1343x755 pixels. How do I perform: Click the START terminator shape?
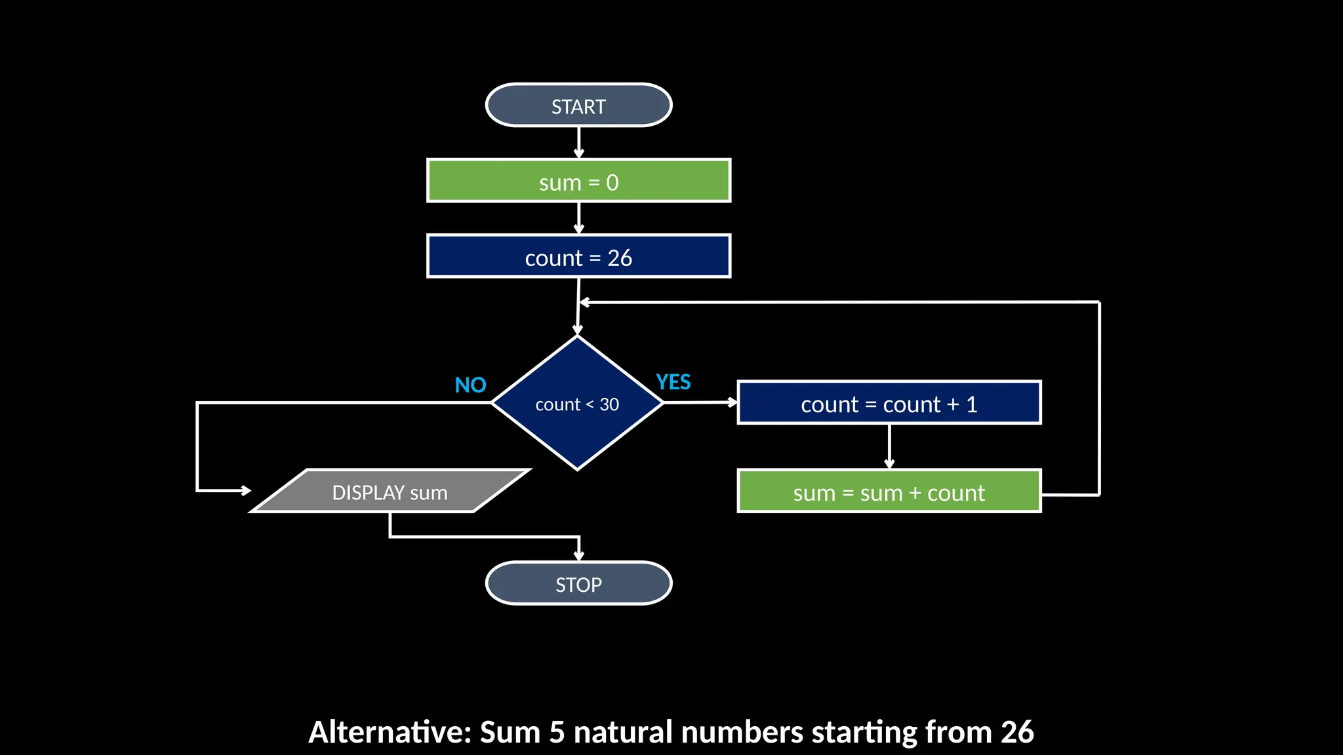[x=578, y=106]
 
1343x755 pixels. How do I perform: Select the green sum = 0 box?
[x=578, y=181]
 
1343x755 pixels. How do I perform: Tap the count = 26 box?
[x=578, y=256]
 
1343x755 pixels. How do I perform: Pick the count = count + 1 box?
[x=889, y=403]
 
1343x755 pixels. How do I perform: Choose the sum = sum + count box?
[x=889, y=492]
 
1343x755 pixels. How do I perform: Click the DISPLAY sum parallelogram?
[x=390, y=492]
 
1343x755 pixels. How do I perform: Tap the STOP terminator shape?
[x=578, y=583]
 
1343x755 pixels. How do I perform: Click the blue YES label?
[x=673, y=381]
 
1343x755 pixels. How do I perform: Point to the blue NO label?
[x=470, y=385]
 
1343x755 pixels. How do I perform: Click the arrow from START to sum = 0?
[x=578, y=142]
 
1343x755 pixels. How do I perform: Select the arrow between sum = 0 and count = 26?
[x=578, y=218]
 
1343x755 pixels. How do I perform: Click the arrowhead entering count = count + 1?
[x=732, y=402]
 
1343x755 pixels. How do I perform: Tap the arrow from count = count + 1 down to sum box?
[x=889, y=446]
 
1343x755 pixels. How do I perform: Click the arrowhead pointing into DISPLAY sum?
[x=246, y=490]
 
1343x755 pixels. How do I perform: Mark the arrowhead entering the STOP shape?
[x=579, y=556]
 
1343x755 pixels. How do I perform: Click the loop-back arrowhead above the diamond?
[x=585, y=302]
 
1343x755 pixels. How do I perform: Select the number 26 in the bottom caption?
[x=1017, y=732]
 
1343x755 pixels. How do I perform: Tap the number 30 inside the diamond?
[x=609, y=404]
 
